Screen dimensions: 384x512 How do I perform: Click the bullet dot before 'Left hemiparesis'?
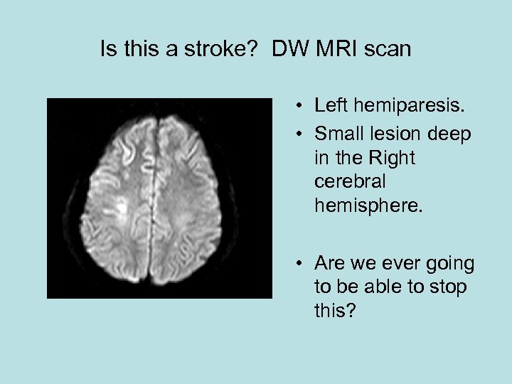tap(302, 107)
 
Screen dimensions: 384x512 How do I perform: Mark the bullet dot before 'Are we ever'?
tap(302, 265)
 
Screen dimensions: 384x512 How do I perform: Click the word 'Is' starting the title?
tap(108, 50)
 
